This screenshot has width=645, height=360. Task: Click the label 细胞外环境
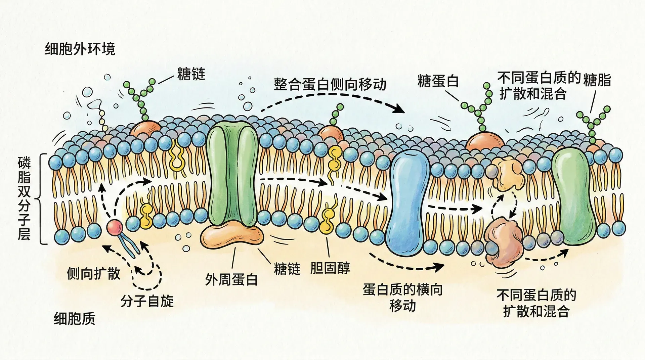pos(80,49)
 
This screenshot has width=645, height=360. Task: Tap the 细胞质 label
pos(74,318)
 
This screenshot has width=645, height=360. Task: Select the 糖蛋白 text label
pos(438,81)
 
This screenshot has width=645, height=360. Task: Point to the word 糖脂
pos(597,80)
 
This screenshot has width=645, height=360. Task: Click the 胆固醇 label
pos(330,268)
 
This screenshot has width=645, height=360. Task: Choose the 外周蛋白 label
pos(231,279)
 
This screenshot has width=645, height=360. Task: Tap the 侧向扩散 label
pos(93,274)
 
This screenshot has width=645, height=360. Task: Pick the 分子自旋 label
pos(147,301)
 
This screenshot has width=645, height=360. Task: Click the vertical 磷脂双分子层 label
pos(24,199)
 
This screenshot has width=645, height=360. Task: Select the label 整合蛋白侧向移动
pos(330,84)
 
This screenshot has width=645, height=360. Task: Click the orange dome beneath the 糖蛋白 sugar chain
pos(485,141)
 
